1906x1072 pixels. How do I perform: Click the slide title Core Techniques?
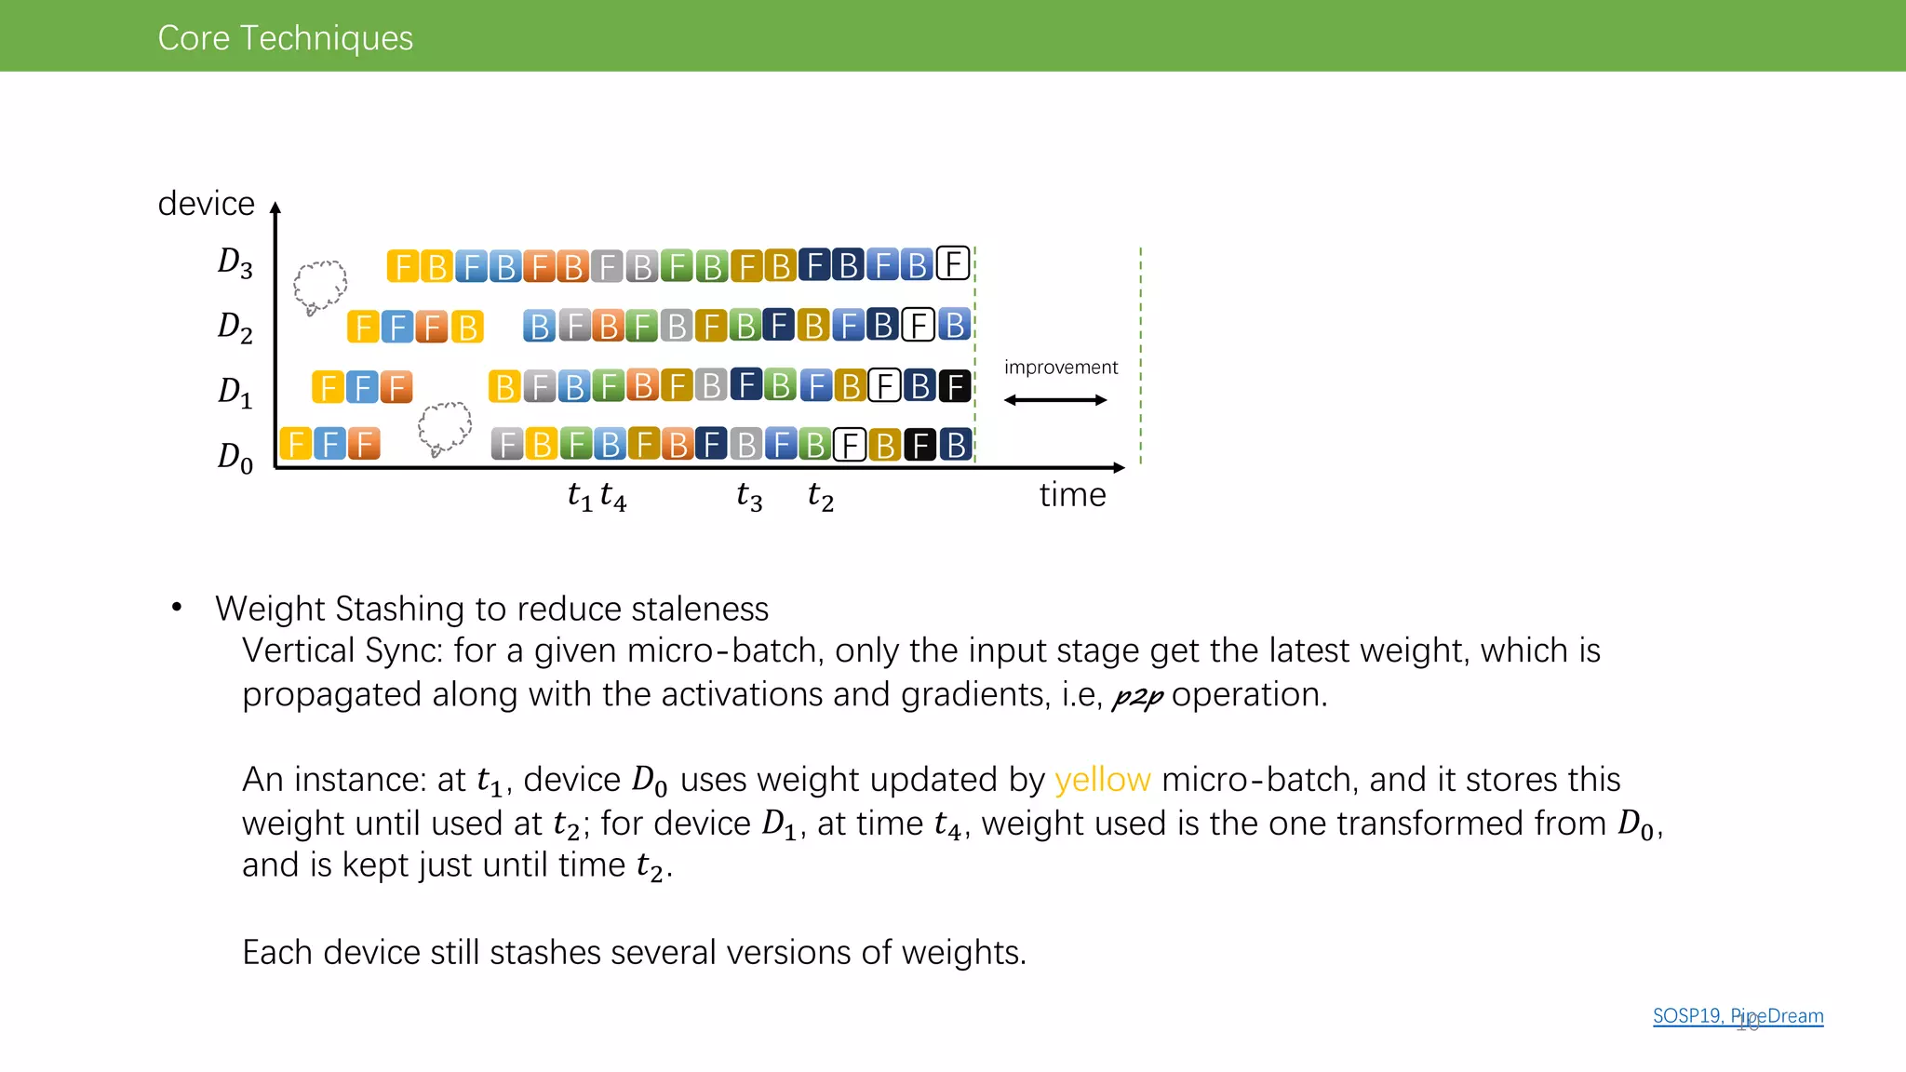click(285, 38)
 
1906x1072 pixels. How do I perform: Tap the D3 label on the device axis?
click(235, 263)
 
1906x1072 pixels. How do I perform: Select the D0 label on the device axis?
click(235, 457)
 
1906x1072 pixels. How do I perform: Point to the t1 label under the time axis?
click(579, 496)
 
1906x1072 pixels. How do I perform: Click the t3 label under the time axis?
click(749, 496)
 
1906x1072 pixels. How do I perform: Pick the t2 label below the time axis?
click(820, 496)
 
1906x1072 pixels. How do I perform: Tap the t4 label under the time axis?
click(613, 496)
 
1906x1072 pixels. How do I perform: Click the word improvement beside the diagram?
click(1060, 368)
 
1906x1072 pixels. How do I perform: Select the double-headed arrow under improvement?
click(1055, 400)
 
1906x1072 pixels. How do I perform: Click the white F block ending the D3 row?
click(953, 265)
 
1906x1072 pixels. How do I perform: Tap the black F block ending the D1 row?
click(955, 386)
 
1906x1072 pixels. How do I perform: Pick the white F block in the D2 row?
click(918, 326)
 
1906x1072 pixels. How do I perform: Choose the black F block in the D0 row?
click(920, 446)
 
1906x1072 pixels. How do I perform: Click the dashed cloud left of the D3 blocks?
click(319, 286)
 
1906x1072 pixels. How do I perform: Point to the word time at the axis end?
click(1072, 495)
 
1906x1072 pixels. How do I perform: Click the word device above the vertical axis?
click(206, 203)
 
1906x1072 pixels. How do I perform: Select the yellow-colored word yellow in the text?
click(1102, 780)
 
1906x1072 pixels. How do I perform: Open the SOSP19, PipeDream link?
click(1738, 1016)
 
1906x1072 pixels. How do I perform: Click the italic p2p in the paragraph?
click(1137, 696)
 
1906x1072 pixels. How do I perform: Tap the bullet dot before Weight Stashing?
click(177, 609)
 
